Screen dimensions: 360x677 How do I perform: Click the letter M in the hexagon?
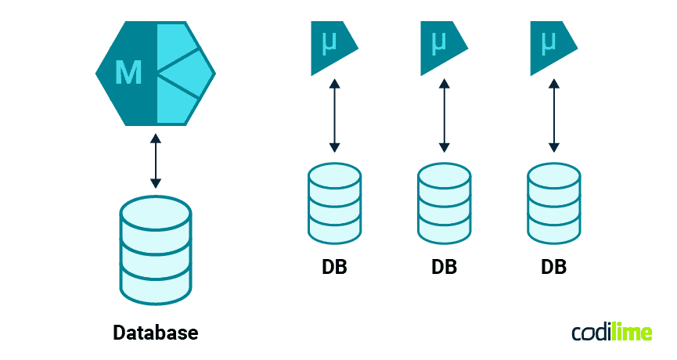point(128,73)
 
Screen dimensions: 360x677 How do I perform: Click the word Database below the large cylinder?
point(156,332)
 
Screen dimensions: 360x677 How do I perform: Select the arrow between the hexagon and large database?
point(156,161)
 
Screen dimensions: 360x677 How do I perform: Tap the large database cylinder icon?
point(156,250)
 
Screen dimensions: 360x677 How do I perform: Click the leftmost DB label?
point(334,267)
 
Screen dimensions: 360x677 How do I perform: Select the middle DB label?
point(444,267)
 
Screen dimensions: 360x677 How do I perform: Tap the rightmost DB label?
point(553,267)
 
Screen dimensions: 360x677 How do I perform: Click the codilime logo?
point(611,332)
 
